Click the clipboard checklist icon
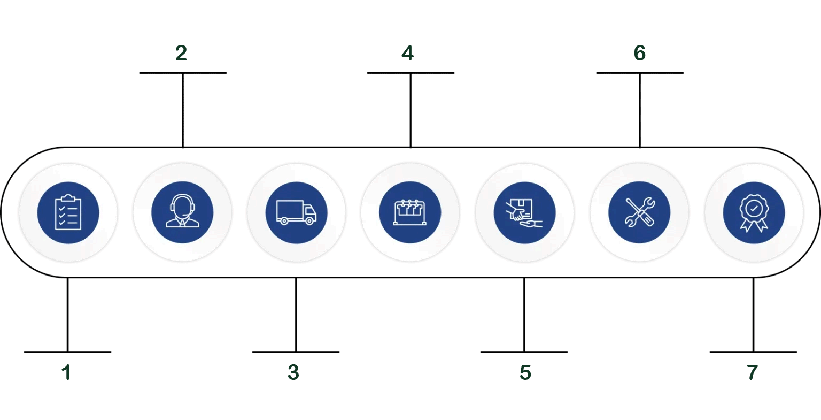pyautogui.click(x=68, y=212)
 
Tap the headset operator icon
pyautogui.click(x=182, y=212)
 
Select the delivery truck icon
pyautogui.click(x=296, y=212)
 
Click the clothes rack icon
pyautogui.click(x=410, y=212)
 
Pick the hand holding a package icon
pyautogui.click(x=524, y=212)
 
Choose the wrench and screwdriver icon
pyautogui.click(x=639, y=212)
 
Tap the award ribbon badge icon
pyautogui.click(x=753, y=212)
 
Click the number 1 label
pyautogui.click(x=67, y=373)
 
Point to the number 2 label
pyautogui.click(x=181, y=53)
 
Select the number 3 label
pyautogui.click(x=293, y=373)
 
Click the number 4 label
pyautogui.click(x=408, y=53)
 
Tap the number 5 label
pyautogui.click(x=525, y=373)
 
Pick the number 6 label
pyautogui.click(x=639, y=53)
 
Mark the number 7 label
pyautogui.click(x=752, y=373)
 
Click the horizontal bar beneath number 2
pyautogui.click(x=183, y=73)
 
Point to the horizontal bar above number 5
pyautogui.click(x=524, y=352)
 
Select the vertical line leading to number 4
pyautogui.click(x=410, y=110)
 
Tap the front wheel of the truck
pyautogui.click(x=309, y=221)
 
